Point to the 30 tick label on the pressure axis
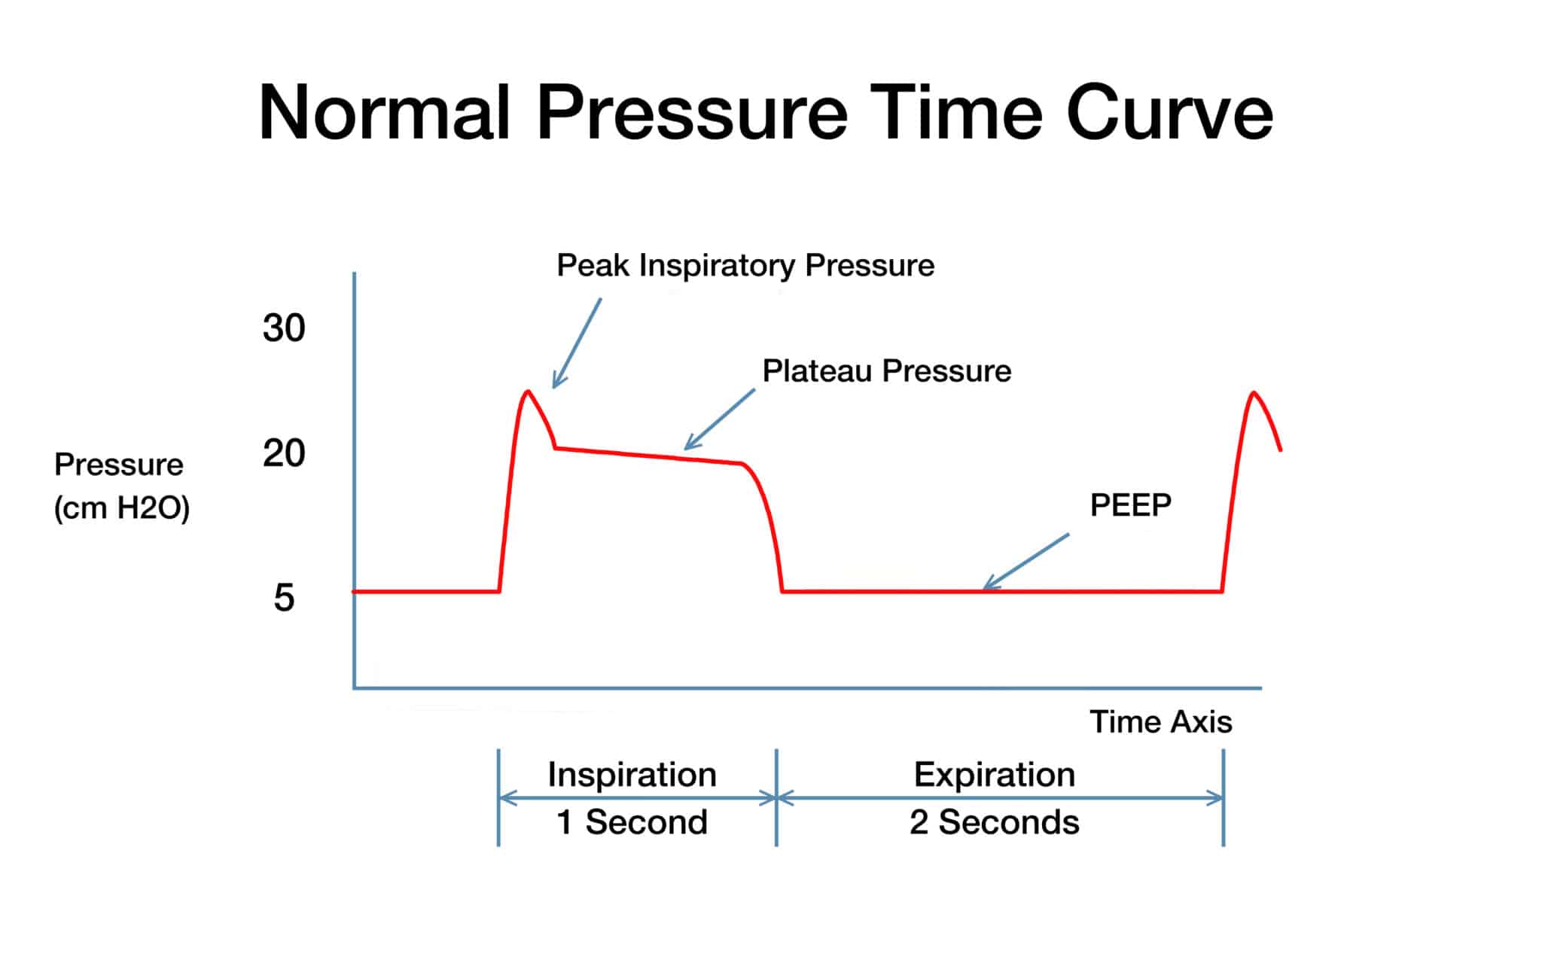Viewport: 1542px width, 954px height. [x=284, y=328]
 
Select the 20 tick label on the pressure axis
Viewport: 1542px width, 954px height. [x=284, y=453]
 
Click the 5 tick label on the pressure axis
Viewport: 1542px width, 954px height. [x=284, y=598]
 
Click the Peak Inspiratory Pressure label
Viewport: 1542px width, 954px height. [x=745, y=265]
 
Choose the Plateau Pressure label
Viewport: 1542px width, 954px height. [x=886, y=370]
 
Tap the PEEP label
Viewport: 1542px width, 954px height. [x=1130, y=504]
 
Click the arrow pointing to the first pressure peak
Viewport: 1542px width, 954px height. [x=577, y=343]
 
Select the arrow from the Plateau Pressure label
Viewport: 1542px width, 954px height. [x=720, y=419]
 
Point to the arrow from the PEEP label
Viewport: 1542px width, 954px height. [x=1026, y=561]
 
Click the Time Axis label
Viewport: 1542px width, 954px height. [x=1160, y=721]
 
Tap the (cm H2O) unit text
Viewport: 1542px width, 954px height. [x=121, y=508]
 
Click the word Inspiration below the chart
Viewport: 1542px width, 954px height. [x=632, y=774]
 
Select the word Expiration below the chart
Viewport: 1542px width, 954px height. [x=994, y=774]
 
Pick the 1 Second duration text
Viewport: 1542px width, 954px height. [x=632, y=821]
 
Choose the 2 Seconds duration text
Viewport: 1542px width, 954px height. [x=994, y=821]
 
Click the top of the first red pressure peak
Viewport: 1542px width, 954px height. [x=528, y=392]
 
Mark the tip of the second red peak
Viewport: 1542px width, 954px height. [x=1253, y=393]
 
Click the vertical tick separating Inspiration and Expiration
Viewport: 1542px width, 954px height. [x=776, y=797]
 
